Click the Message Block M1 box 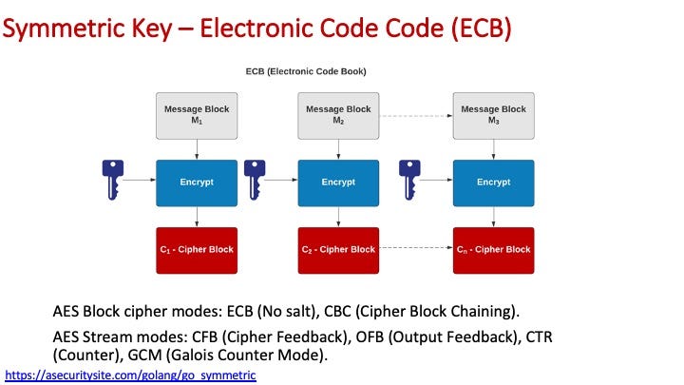point(197,116)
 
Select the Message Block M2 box point(338,116)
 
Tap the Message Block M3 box point(493,116)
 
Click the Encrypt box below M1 point(197,183)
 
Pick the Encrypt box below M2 point(338,183)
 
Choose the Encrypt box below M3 point(493,183)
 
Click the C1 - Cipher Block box point(197,251)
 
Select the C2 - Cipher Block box point(338,251)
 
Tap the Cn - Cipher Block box point(493,251)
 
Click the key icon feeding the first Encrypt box point(112,180)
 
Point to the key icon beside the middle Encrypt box point(255,180)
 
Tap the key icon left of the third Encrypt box point(409,180)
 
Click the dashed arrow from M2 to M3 point(416,116)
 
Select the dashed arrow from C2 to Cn point(416,247)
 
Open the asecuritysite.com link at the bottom point(130,375)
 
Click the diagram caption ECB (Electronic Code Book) point(306,71)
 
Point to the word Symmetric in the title point(64,29)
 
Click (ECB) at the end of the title point(481,28)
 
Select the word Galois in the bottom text point(193,355)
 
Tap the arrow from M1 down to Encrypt point(197,150)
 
